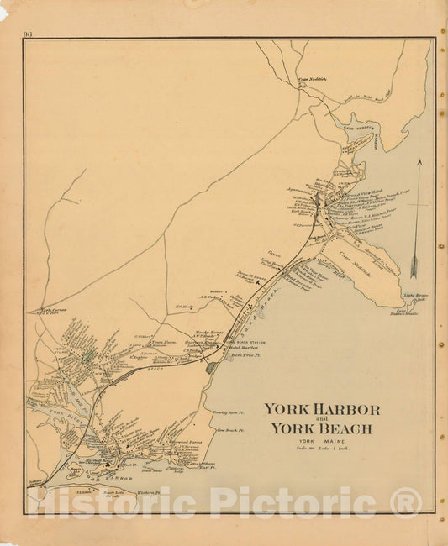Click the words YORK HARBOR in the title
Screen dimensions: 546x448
pyautogui.click(x=322, y=410)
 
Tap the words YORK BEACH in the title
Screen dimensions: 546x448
pyautogui.click(x=322, y=429)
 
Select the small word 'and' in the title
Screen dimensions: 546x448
pyautogui.click(x=322, y=419)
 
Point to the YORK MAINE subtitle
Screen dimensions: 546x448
pyautogui.click(x=322, y=442)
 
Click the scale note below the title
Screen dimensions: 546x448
pyautogui.click(x=322, y=449)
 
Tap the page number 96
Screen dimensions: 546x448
pyautogui.click(x=28, y=34)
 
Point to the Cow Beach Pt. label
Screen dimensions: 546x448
pyautogui.click(x=229, y=431)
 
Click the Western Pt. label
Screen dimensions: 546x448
pyautogui.click(x=147, y=493)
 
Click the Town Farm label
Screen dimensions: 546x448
pyautogui.click(x=161, y=342)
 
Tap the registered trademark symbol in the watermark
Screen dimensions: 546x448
pyautogui.click(x=405, y=502)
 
